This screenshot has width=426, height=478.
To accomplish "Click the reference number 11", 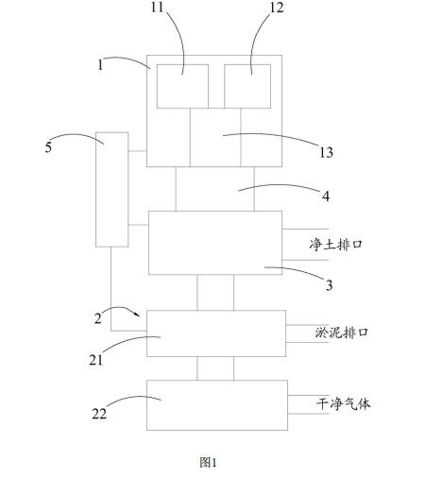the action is (158, 7).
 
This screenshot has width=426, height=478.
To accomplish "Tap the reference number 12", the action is (277, 8).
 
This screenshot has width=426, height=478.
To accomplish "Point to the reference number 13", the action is (326, 152).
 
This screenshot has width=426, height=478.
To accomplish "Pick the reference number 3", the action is (329, 285).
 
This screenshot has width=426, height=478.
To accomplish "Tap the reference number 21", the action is (95, 360).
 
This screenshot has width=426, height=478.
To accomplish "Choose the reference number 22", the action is (99, 414).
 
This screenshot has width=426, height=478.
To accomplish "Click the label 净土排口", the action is (335, 245).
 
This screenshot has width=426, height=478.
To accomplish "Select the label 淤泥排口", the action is (342, 333).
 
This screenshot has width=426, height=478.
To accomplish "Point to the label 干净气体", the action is (344, 403).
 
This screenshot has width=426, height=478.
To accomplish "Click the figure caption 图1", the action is (208, 463).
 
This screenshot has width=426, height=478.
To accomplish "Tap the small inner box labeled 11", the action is (182, 86).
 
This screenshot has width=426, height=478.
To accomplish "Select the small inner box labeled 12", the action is (247, 86).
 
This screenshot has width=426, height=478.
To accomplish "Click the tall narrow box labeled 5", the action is (112, 190).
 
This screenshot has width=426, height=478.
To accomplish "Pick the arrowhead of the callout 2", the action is (138, 315).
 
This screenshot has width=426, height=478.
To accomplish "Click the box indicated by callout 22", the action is (217, 405).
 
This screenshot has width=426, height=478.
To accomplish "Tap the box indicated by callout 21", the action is (216, 333).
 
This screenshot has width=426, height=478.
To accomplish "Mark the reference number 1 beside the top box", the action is (100, 65).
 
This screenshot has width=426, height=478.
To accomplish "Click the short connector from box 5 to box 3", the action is (138, 225).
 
